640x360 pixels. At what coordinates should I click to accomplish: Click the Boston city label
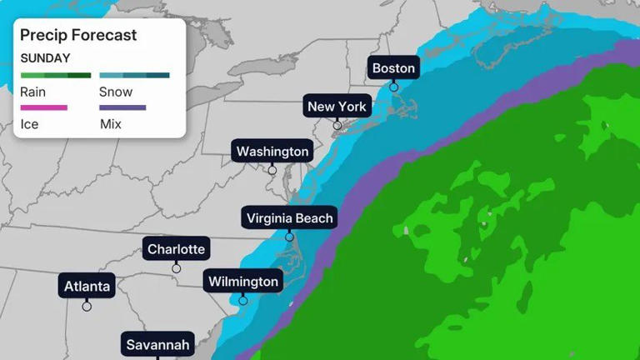point(393,67)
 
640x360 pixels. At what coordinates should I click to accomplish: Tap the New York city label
point(337,107)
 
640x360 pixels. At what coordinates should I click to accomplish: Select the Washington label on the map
point(272,152)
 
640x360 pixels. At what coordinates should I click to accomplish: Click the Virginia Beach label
point(290,218)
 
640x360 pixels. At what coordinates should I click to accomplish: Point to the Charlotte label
point(176,249)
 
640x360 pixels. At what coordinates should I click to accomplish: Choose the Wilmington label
point(243,282)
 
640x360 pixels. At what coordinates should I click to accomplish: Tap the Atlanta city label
point(87,287)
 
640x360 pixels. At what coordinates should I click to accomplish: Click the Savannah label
point(158,344)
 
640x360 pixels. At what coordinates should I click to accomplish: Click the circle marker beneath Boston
point(393,87)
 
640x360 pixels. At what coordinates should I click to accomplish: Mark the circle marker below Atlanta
point(87,306)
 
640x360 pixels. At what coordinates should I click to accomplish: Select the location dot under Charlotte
point(176,268)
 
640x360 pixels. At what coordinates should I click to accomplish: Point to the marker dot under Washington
point(272,170)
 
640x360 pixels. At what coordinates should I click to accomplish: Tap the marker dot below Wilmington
point(243,300)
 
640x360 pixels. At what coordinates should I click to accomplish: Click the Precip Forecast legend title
point(78,35)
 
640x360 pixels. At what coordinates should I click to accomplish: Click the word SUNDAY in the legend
point(45,58)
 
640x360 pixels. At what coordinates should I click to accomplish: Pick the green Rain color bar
point(56,76)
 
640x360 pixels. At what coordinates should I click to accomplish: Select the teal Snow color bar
point(134,76)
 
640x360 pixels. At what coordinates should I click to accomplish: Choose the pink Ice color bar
point(43,107)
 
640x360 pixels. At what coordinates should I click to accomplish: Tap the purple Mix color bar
point(122,107)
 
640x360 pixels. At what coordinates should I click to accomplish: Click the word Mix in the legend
point(110,124)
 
